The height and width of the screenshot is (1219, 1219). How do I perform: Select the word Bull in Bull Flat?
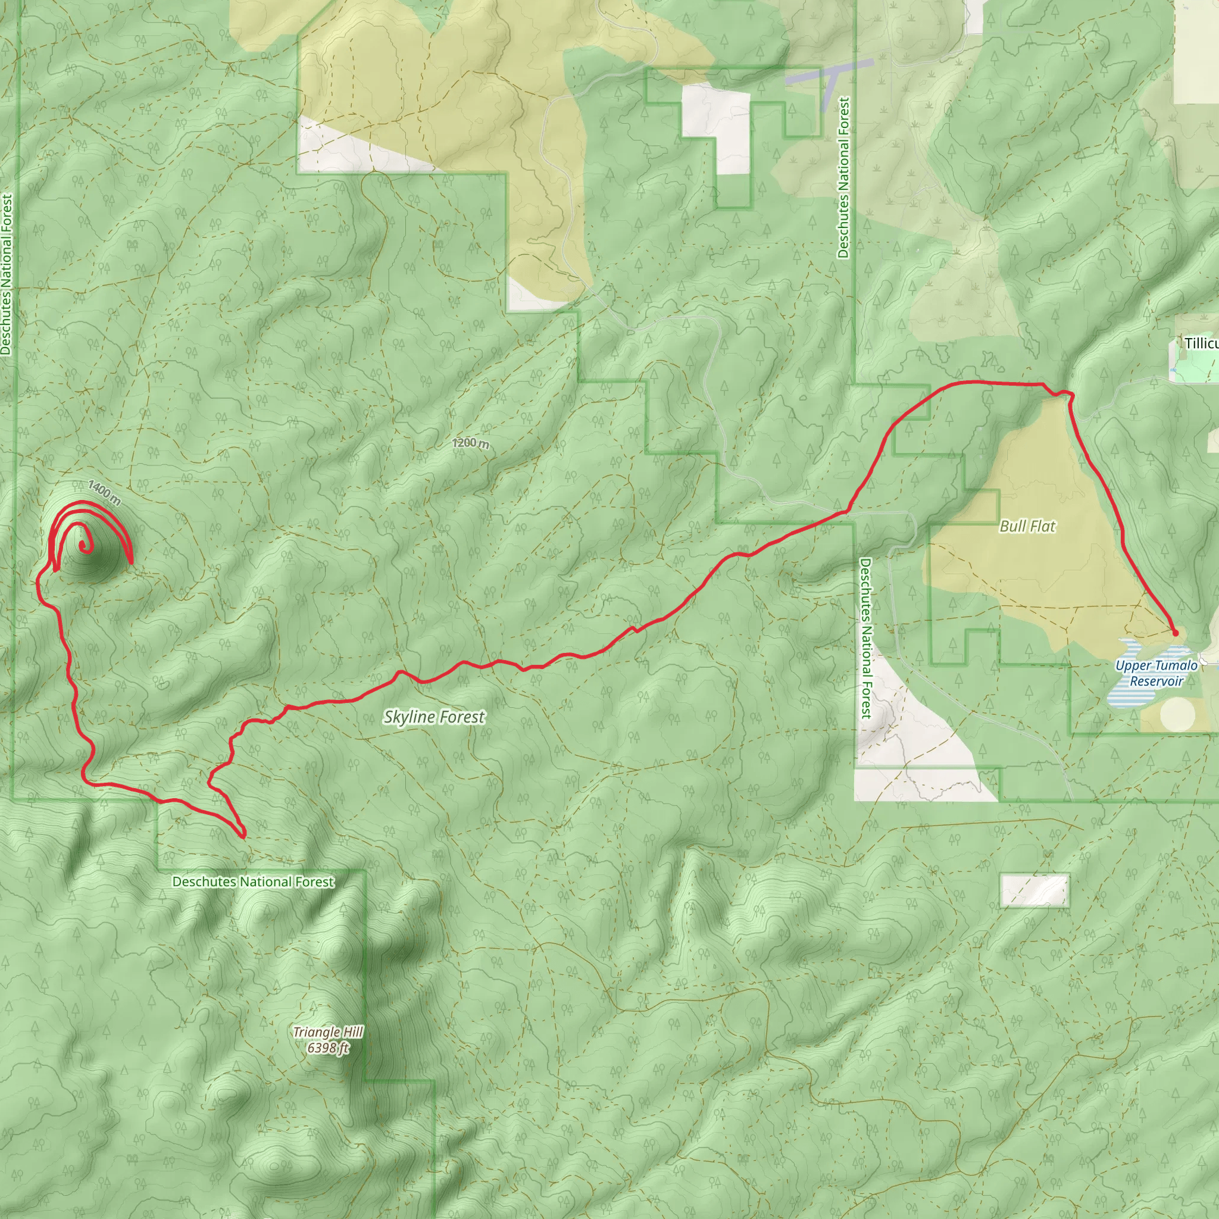point(1012,526)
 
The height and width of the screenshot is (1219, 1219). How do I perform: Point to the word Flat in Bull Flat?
point(1042,526)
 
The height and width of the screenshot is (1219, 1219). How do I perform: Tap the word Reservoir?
point(1156,682)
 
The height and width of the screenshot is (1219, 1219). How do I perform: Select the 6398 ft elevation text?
point(328,1048)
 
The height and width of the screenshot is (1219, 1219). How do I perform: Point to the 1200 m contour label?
point(470,443)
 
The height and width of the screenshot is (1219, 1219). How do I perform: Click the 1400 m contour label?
point(104,492)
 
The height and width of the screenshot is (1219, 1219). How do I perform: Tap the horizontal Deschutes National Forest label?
point(253,882)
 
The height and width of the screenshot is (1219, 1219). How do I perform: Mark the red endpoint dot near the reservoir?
point(1175,632)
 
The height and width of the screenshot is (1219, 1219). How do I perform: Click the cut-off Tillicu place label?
point(1201,343)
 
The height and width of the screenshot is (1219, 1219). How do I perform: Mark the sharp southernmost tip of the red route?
point(243,837)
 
